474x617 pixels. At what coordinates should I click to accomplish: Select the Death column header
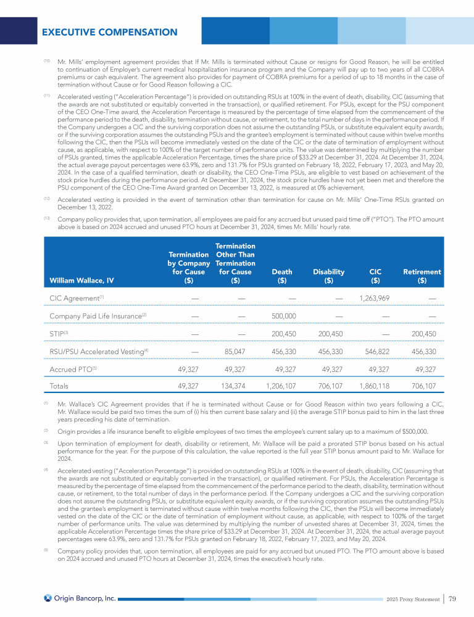point(282,276)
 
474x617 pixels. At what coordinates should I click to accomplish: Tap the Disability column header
point(328,276)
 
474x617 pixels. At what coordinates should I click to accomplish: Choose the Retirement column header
point(422,276)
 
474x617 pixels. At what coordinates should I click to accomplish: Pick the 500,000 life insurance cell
point(284,317)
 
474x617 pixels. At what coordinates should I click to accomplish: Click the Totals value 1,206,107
point(281,386)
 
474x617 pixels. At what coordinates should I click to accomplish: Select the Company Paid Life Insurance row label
point(97,317)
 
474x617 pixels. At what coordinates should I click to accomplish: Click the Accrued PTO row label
point(70,369)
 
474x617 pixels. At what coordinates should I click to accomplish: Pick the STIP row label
point(58,334)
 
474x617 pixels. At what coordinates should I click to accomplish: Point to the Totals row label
point(59,386)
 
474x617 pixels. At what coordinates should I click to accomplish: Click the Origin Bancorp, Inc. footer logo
point(80,598)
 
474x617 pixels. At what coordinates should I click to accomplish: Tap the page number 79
point(452,598)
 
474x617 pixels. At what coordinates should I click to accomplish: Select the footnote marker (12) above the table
point(47,199)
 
